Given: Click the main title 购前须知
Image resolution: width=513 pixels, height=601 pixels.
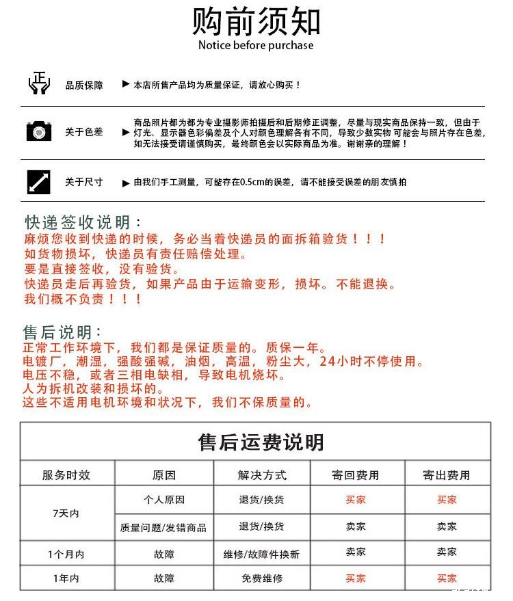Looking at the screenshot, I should tap(256, 21).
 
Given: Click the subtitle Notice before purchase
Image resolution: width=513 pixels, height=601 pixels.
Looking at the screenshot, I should tap(256, 46).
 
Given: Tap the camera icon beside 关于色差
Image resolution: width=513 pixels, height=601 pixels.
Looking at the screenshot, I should tap(39, 131).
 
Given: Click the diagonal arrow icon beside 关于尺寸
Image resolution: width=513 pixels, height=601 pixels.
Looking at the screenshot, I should tap(39, 182).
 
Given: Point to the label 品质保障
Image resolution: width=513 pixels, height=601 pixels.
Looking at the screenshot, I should tap(84, 85).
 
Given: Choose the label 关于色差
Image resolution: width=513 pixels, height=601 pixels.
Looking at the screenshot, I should tap(84, 132).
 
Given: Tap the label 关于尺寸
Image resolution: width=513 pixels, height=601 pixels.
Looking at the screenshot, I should tap(84, 182).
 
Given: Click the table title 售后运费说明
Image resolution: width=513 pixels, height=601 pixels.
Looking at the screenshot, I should tap(261, 442).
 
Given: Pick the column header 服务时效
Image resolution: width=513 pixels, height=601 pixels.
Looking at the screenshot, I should tap(66, 475).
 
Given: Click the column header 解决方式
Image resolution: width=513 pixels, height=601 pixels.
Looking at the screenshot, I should tap(262, 475).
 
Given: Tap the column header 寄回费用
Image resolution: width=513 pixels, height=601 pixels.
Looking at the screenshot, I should tap(356, 475).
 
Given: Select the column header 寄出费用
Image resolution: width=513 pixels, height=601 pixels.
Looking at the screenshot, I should tap(447, 475).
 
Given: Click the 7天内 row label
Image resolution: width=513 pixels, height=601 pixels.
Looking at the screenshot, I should tap(66, 513).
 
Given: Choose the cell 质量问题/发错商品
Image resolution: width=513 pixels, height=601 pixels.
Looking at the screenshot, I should tap(163, 527).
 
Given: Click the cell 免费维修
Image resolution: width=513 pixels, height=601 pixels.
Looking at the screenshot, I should tap(262, 578).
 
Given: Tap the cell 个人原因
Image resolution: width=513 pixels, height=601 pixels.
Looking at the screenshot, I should tap(163, 500).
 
